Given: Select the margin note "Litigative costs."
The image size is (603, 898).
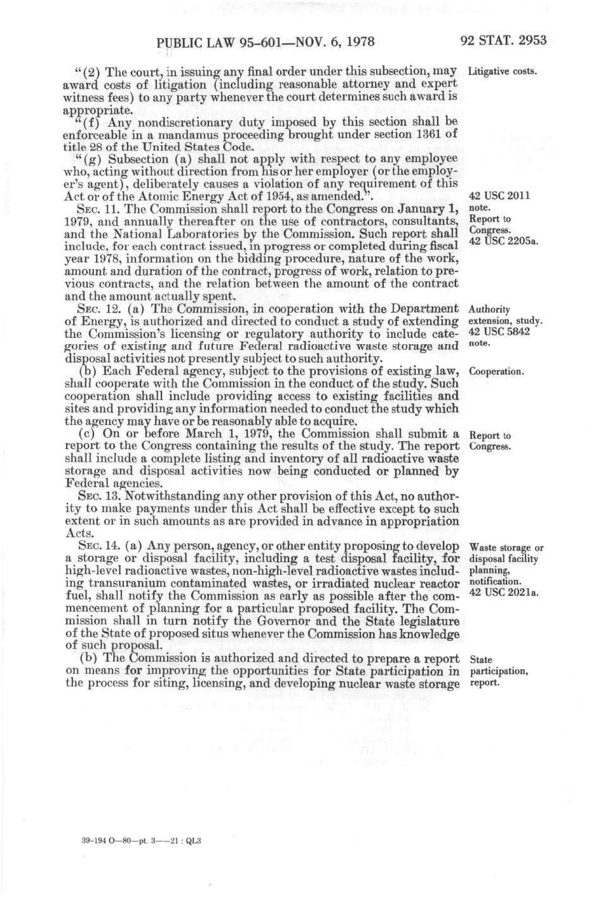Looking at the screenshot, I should click(503, 70).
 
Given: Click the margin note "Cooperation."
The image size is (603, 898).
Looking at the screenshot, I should click(496, 372).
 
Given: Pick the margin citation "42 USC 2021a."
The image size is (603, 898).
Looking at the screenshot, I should click(503, 593).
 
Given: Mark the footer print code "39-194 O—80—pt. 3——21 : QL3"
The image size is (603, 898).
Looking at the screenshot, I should click(142, 841).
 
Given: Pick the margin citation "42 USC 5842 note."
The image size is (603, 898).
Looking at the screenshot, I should click(499, 337).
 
